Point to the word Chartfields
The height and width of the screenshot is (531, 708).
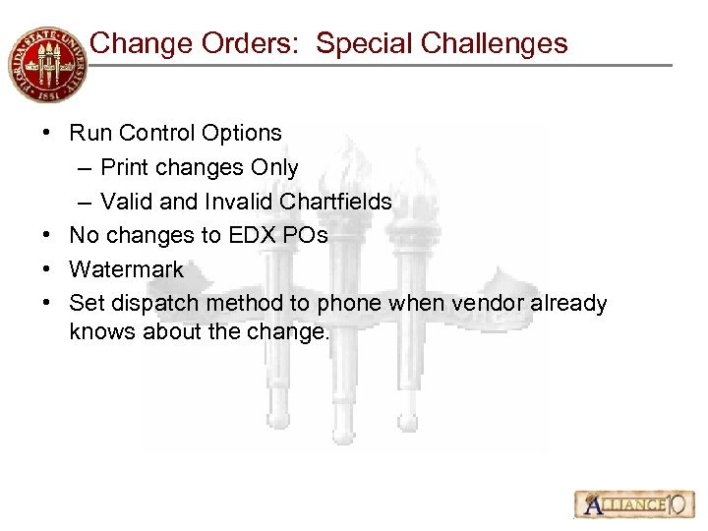[x=336, y=203]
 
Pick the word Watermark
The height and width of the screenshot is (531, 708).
[x=126, y=269]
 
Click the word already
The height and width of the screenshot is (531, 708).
[x=569, y=304]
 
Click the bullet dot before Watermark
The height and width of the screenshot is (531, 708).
[x=48, y=269]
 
